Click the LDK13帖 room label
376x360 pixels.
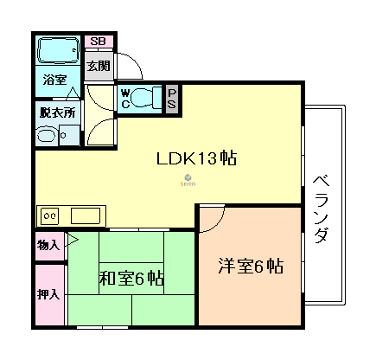pyautogui.click(x=196, y=159)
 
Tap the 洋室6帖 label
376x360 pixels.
pyautogui.click(x=250, y=267)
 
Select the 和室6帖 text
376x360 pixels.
pyautogui.click(x=131, y=279)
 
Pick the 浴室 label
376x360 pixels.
pyautogui.click(x=54, y=80)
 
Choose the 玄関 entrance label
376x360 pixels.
pyautogui.click(x=97, y=66)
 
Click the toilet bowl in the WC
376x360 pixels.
pyautogui.click(x=148, y=98)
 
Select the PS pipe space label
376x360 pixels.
pyautogui.click(x=172, y=98)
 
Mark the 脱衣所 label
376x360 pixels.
pyautogui.click(x=57, y=112)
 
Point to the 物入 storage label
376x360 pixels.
pyautogui.click(x=48, y=245)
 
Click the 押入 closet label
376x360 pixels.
pyautogui.click(x=48, y=294)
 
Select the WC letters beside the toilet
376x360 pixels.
pyautogui.click(x=124, y=97)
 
